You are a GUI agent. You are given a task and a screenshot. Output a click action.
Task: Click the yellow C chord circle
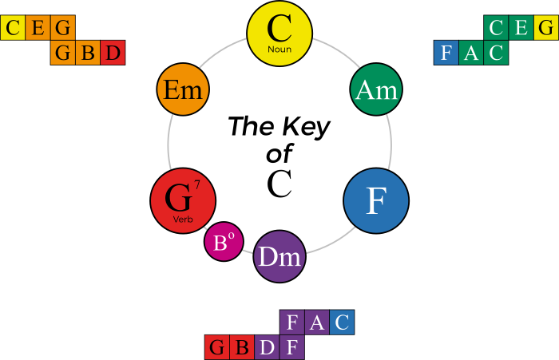tap(279, 33)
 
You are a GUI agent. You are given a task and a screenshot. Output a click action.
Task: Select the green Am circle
tap(375, 90)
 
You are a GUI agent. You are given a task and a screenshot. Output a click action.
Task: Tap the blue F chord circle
tap(375, 201)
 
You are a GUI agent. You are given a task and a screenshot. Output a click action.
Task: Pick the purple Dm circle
tap(279, 256)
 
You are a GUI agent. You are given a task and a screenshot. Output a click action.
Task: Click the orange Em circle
tap(183, 88)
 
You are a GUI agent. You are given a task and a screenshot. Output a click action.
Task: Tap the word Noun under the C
tap(279, 49)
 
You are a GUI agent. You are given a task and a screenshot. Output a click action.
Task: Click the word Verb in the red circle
tap(183, 219)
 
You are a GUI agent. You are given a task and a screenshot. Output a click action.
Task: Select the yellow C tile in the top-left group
tap(13, 28)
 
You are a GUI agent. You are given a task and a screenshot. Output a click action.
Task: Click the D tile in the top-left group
tap(113, 53)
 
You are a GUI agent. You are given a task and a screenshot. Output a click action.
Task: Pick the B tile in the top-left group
tap(88, 53)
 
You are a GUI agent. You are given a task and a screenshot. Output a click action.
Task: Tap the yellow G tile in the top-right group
tap(546, 28)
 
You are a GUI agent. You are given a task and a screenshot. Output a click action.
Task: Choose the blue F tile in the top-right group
tap(446, 53)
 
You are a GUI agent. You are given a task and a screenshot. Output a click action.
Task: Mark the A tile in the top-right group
tap(471, 53)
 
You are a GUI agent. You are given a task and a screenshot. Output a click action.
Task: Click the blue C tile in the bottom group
tap(342, 322)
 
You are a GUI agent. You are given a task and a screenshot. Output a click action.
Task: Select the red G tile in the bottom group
tap(217, 348)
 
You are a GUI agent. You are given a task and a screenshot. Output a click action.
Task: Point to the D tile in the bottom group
tap(268, 348)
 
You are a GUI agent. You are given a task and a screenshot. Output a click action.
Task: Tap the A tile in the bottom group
tap(317, 322)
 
